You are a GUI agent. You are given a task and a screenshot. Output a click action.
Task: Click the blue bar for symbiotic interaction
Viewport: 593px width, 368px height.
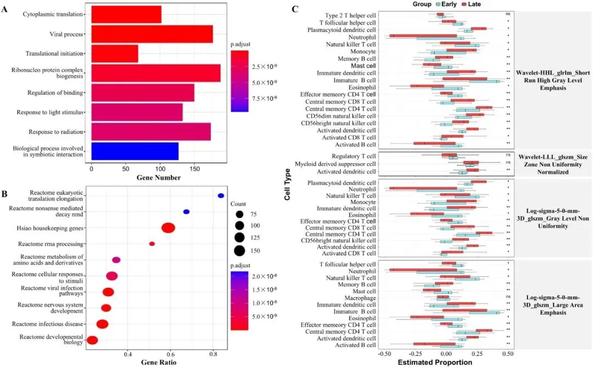pyautogui.click(x=135, y=151)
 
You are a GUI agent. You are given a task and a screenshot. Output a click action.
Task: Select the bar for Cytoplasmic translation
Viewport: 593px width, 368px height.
pyautogui.click(x=126, y=15)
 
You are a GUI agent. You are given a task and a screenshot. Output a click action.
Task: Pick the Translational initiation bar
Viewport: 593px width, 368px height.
pyautogui.click(x=115, y=53)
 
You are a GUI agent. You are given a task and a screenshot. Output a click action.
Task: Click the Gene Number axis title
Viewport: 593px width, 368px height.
pyautogui.click(x=159, y=178)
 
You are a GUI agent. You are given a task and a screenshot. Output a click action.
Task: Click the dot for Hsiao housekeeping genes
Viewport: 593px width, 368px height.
pyautogui.click(x=168, y=228)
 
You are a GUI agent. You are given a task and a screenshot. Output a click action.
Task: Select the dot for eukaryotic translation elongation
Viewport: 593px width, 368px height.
pyautogui.click(x=221, y=196)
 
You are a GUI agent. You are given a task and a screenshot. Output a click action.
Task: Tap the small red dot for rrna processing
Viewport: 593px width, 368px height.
pyautogui.click(x=152, y=244)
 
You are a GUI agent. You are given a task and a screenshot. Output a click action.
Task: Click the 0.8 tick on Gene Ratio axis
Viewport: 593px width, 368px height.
pyautogui.click(x=214, y=355)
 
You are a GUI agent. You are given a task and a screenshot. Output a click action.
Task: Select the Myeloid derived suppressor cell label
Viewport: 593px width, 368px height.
pyautogui.click(x=335, y=164)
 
